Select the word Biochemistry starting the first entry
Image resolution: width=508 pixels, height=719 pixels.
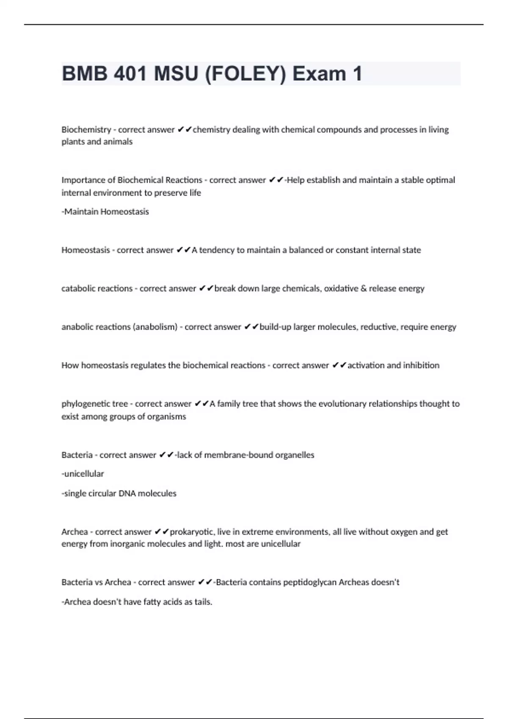[x=86, y=129]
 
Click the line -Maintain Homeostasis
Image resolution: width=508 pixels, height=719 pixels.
[x=105, y=211]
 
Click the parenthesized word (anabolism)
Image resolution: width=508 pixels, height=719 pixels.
[x=155, y=327]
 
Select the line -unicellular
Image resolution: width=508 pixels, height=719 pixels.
[x=83, y=474]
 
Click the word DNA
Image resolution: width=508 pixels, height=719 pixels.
[x=127, y=493]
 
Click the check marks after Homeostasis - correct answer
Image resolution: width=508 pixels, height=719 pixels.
[x=183, y=250]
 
